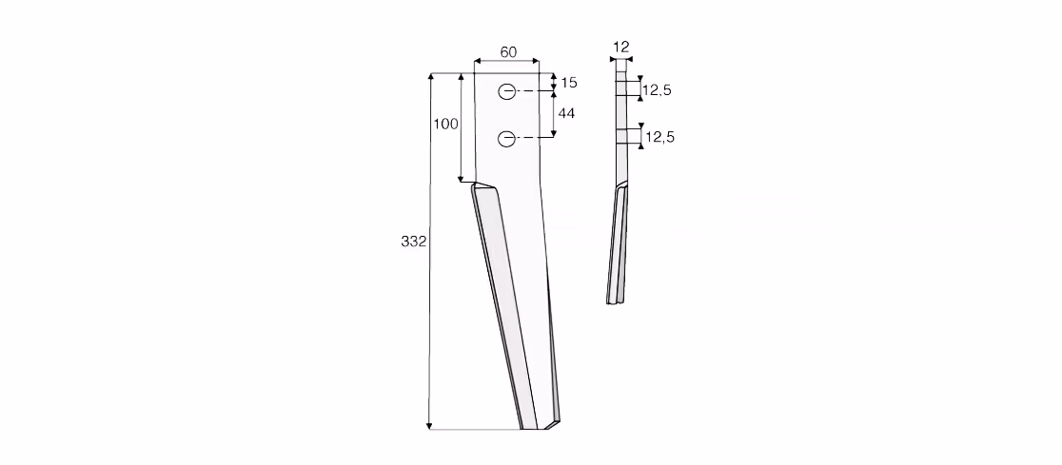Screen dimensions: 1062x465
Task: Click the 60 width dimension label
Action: tap(508, 52)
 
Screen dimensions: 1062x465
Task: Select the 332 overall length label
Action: tap(413, 242)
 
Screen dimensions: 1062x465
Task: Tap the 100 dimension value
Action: tap(445, 124)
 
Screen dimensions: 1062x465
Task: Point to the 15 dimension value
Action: tap(569, 83)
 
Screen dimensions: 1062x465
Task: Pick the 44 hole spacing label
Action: tap(566, 114)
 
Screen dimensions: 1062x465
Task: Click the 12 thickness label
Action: tap(621, 47)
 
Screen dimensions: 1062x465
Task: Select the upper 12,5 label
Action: tap(657, 90)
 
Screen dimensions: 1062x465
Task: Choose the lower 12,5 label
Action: tap(659, 137)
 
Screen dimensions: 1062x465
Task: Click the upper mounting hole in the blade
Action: tap(506, 91)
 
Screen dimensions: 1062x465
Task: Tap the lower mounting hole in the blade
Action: tap(506, 139)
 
